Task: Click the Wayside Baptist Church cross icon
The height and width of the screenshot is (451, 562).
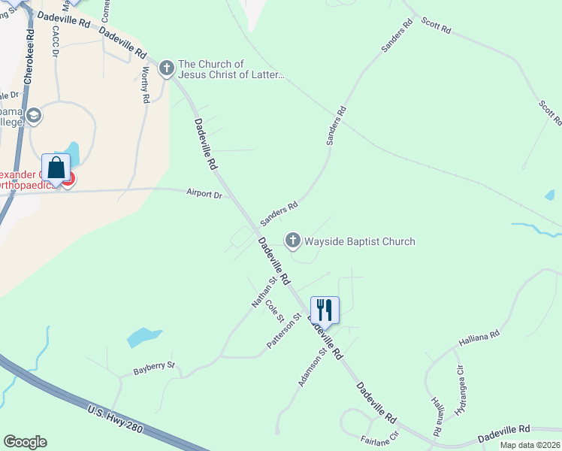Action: pyautogui.click(x=292, y=241)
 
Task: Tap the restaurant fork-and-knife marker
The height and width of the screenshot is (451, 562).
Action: pyautogui.click(x=325, y=309)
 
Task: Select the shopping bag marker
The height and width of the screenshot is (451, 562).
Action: pyautogui.click(x=56, y=168)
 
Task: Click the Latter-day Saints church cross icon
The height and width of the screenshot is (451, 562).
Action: pyautogui.click(x=166, y=69)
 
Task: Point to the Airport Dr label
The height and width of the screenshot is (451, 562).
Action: pyautogui.click(x=204, y=194)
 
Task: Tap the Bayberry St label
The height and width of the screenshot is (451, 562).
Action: pyautogui.click(x=154, y=368)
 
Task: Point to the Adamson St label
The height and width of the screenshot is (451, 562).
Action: pyautogui.click(x=312, y=367)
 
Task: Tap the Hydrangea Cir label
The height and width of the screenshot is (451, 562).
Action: pyautogui.click(x=461, y=389)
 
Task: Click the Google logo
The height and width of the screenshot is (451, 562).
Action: pyautogui.click(x=25, y=442)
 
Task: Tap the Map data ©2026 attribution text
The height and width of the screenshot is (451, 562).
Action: pyautogui.click(x=530, y=445)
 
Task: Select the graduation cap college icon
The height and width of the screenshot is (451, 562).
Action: pyautogui.click(x=34, y=116)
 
